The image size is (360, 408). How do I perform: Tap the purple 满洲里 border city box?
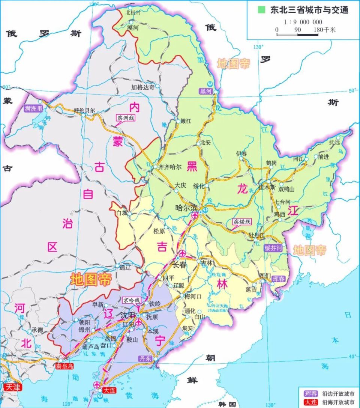[x=34, y=109]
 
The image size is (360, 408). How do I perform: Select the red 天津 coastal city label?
[x=11, y=386]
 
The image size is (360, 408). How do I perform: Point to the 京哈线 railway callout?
[x=132, y=300]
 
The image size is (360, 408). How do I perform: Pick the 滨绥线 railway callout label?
[x=242, y=222]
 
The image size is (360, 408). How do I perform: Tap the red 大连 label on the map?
[x=108, y=391]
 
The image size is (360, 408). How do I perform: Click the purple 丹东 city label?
[x=145, y=359]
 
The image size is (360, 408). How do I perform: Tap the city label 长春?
[x=179, y=265]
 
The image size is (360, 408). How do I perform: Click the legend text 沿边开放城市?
[x=334, y=394]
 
